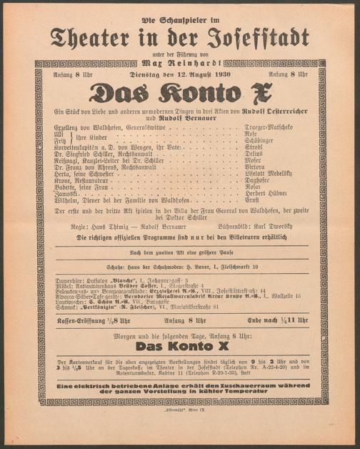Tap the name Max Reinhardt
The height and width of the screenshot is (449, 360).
coord(180,63)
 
